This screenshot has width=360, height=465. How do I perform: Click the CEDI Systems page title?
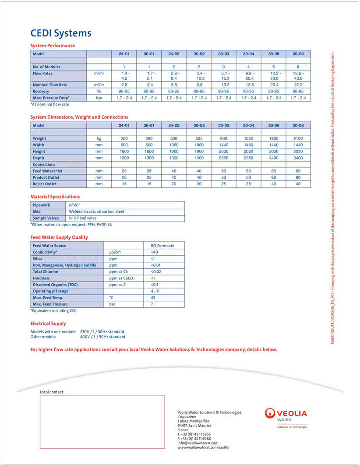pos(61,33)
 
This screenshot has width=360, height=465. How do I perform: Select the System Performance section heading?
pos(53,46)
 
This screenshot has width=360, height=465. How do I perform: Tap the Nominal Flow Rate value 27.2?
pos(298,85)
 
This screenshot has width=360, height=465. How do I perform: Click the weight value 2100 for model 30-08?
pos(298,138)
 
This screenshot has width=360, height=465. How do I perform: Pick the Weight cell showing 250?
pos(124,138)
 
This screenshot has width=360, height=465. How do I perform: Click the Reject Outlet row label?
pos(45,184)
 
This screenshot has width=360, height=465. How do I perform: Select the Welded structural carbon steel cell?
pos(97,211)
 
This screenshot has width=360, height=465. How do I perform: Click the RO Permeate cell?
pos(162,246)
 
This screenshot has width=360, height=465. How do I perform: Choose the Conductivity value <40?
pos(155,252)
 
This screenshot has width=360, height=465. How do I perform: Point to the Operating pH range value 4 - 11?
pos(155,291)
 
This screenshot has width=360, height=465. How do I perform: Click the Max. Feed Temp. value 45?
pos(153,298)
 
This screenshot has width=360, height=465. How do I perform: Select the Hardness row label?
pos(41,278)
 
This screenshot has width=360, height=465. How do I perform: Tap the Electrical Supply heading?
pos(48,324)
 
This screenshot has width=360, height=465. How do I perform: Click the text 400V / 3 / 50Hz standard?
pos(103,337)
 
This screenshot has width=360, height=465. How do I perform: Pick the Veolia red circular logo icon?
pos(271,413)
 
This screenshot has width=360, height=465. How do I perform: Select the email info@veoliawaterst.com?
pos(198,443)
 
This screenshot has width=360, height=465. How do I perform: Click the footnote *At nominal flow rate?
pos(49,104)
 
